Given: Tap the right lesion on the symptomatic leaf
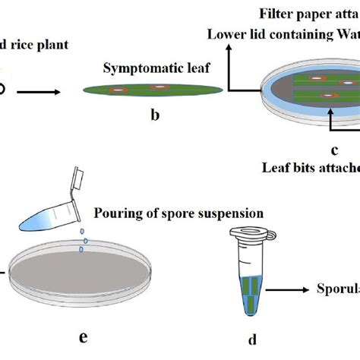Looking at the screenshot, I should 159,89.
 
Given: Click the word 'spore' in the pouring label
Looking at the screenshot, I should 189,213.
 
